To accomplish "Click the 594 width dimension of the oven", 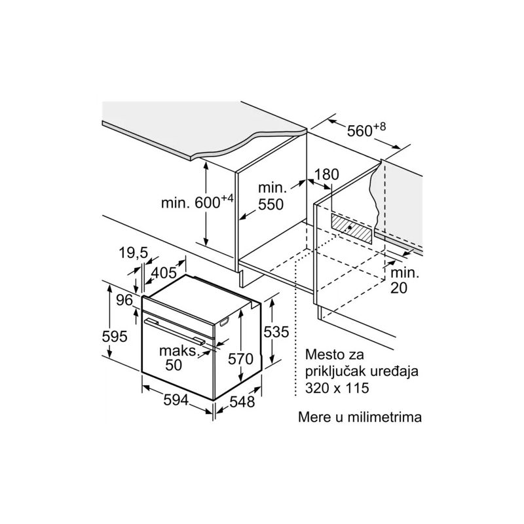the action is click(x=176, y=400).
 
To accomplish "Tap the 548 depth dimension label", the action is click(x=242, y=402).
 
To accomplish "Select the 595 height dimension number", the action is click(x=115, y=336).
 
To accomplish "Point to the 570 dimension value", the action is click(x=240, y=359).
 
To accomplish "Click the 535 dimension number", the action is click(x=276, y=332).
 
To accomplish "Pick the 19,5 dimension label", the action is click(x=134, y=253).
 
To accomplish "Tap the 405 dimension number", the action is click(x=164, y=272).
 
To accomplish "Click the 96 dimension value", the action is click(x=124, y=300).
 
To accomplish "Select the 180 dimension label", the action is click(x=326, y=174).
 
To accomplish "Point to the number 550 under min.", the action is click(x=271, y=204).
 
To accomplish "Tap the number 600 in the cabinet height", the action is click(x=208, y=202).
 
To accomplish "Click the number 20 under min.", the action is click(x=399, y=288).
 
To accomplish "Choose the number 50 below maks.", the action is click(x=174, y=365).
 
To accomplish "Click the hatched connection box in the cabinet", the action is click(x=351, y=228).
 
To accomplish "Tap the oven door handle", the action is click(x=174, y=331).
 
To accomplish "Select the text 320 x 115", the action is click(x=337, y=388).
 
